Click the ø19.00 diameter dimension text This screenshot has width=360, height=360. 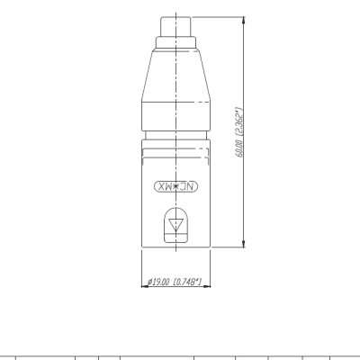(x=158, y=282)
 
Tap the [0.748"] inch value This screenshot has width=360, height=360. (x=188, y=282)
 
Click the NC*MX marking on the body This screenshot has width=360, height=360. (x=176, y=187)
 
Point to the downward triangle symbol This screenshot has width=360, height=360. (x=175, y=225)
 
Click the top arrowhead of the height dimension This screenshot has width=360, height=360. (x=243, y=21)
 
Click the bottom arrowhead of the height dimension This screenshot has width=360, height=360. (x=243, y=244)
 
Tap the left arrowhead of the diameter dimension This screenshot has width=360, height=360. (x=145, y=286)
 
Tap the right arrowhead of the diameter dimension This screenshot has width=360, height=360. (x=207, y=286)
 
